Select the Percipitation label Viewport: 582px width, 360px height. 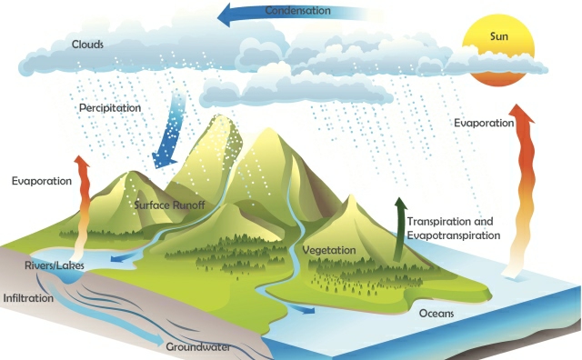[109, 107]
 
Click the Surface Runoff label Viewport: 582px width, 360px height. [169, 205]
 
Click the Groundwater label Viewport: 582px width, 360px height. [198, 346]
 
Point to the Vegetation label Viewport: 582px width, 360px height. [329, 249]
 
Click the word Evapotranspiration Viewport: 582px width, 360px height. [454, 235]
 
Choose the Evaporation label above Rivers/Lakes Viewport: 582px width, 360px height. [41, 181]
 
